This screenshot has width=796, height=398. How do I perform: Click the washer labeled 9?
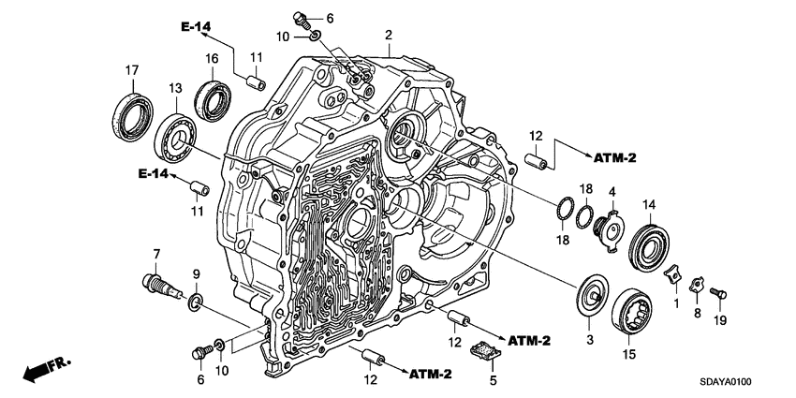[x=195, y=302]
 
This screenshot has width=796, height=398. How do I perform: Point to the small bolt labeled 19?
[x=718, y=294]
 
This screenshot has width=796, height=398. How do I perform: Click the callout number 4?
[x=611, y=192]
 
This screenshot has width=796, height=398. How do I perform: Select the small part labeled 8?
[x=697, y=284]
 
